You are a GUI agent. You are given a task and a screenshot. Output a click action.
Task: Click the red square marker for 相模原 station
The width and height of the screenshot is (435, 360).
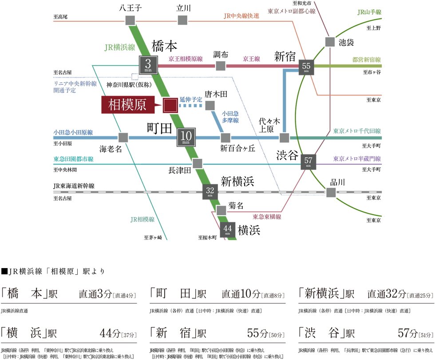pos(170,106)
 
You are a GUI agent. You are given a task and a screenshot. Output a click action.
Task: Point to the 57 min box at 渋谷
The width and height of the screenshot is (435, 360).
pos(308,161)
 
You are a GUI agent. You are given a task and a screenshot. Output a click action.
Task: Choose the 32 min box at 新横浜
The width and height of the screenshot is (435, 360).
pos(210,190)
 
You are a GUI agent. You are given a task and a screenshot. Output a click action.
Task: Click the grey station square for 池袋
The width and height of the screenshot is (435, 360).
pos(330,42)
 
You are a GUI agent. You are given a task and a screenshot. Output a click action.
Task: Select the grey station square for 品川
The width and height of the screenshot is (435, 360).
pos(331,192)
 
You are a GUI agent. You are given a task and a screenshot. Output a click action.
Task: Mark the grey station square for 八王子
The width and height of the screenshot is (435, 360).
pos(130,20)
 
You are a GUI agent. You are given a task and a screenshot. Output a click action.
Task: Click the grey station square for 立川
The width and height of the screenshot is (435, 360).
pos(182,20)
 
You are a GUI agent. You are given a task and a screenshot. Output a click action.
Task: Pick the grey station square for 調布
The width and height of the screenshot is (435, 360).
pos(221,66)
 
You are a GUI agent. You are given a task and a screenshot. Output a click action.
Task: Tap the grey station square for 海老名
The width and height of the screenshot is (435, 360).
pos(123,138)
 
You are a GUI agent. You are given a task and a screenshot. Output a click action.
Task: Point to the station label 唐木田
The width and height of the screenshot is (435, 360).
pos(216,95)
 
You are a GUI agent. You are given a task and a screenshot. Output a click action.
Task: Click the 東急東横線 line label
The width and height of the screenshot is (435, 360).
pos(266,217)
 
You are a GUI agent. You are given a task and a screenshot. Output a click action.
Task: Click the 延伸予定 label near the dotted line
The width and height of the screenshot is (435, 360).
pos(191,99)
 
